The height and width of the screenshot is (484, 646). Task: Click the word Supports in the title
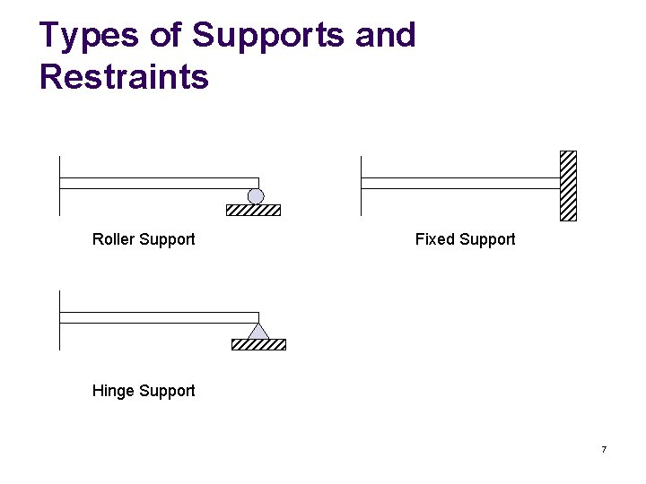267,36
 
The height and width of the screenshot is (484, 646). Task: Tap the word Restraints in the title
124,77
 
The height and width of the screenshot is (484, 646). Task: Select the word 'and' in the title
386,36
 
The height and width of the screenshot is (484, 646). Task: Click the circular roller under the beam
256,196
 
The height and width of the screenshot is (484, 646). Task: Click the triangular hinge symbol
258,331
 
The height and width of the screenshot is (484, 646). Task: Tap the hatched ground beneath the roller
253,211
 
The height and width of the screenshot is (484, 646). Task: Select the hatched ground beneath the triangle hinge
258,344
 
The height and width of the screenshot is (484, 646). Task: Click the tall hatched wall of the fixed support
568,186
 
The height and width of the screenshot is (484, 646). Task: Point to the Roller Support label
144,239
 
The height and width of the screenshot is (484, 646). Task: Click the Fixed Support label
465,239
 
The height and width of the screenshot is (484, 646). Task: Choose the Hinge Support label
144,391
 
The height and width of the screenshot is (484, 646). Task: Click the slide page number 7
604,449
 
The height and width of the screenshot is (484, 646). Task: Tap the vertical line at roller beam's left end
59,186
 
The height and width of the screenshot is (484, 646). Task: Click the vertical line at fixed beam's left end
361,186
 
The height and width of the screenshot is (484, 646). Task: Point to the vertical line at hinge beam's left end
59,320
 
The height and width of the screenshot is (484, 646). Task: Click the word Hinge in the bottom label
112,391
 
